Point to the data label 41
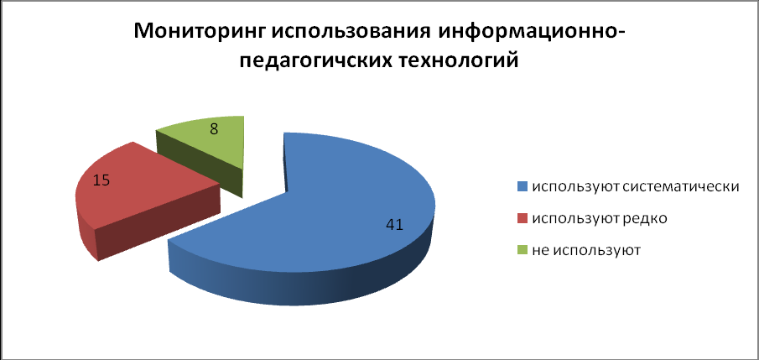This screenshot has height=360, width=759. click(394, 225)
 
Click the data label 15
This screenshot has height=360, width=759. click(101, 180)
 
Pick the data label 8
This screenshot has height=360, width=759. click(214, 130)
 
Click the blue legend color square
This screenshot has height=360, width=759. click(522, 186)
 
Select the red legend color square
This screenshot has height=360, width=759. click(522, 219)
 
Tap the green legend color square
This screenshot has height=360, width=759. click(522, 251)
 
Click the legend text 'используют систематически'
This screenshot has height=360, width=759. click(636, 187)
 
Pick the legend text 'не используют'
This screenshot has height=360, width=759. click(586, 252)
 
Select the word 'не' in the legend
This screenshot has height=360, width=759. click(540, 252)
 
